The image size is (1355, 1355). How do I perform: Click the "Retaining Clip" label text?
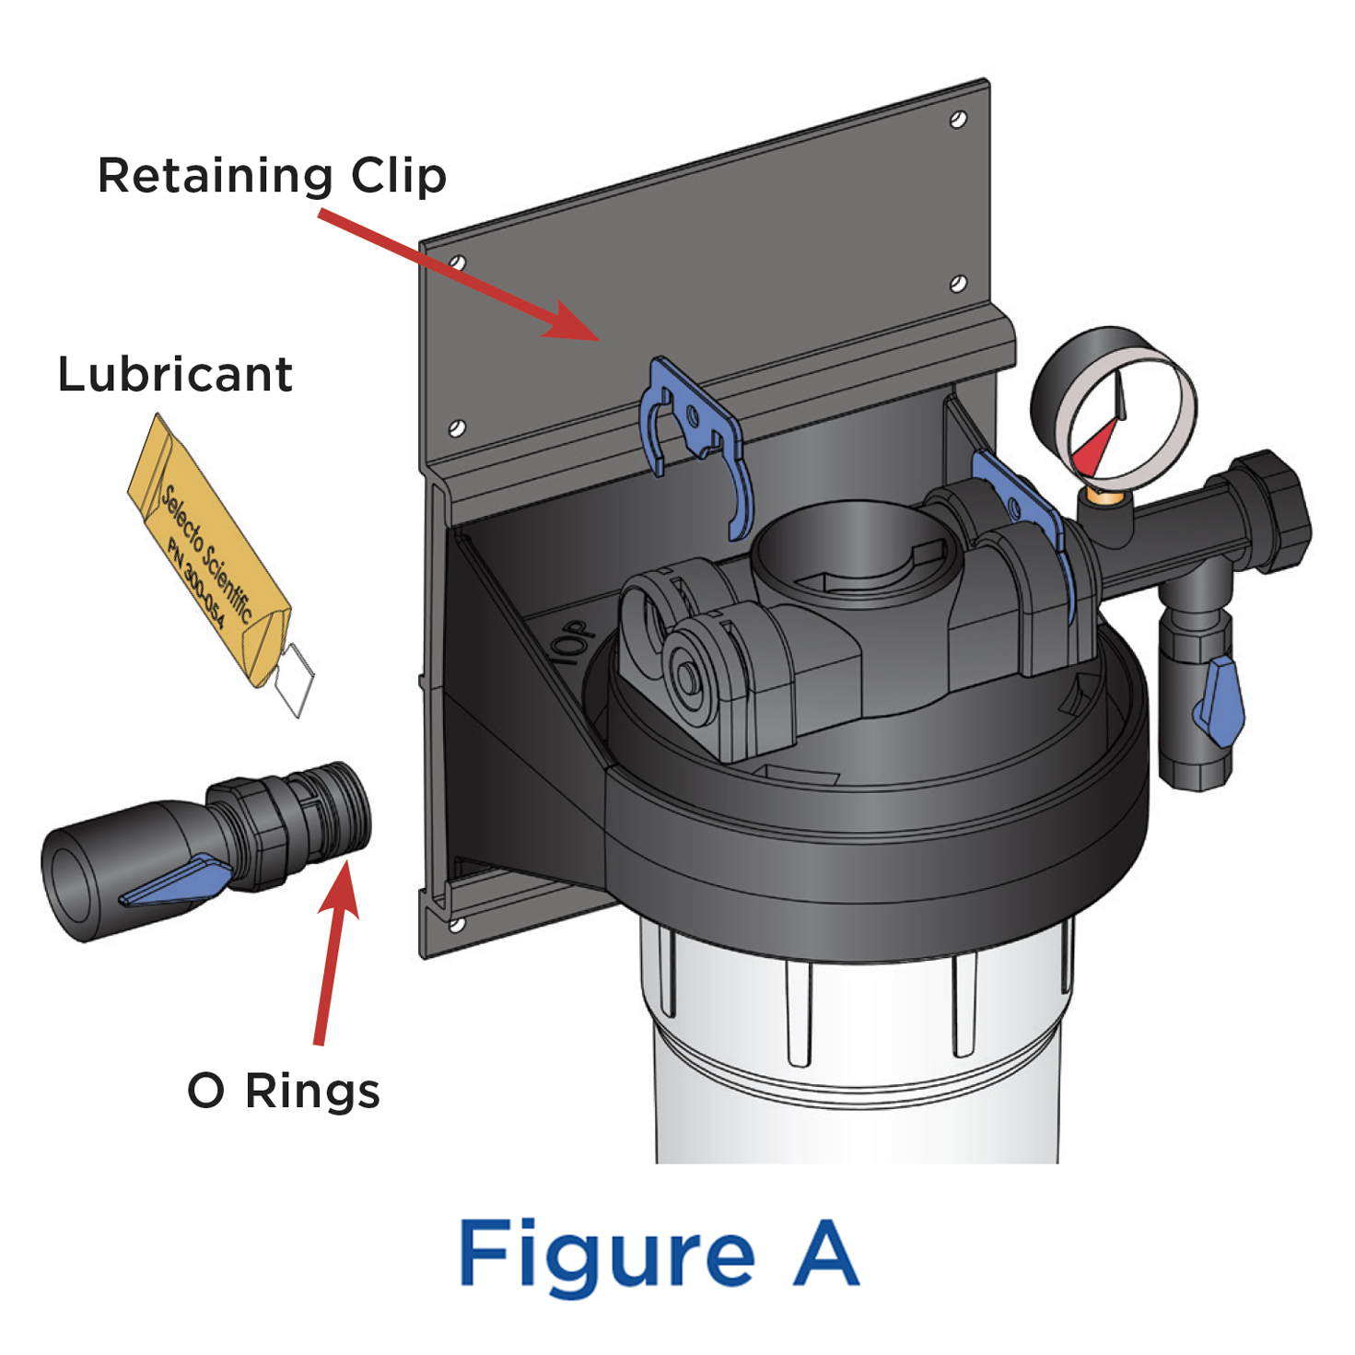tap(272, 175)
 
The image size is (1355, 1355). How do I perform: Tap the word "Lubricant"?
tap(175, 374)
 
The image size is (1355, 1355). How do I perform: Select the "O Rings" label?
tap(283, 1091)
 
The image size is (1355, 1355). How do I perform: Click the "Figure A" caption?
tap(659, 1255)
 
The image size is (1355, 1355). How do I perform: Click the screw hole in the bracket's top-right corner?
tap(958, 120)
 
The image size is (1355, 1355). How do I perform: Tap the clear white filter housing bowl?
tap(857, 1059)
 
